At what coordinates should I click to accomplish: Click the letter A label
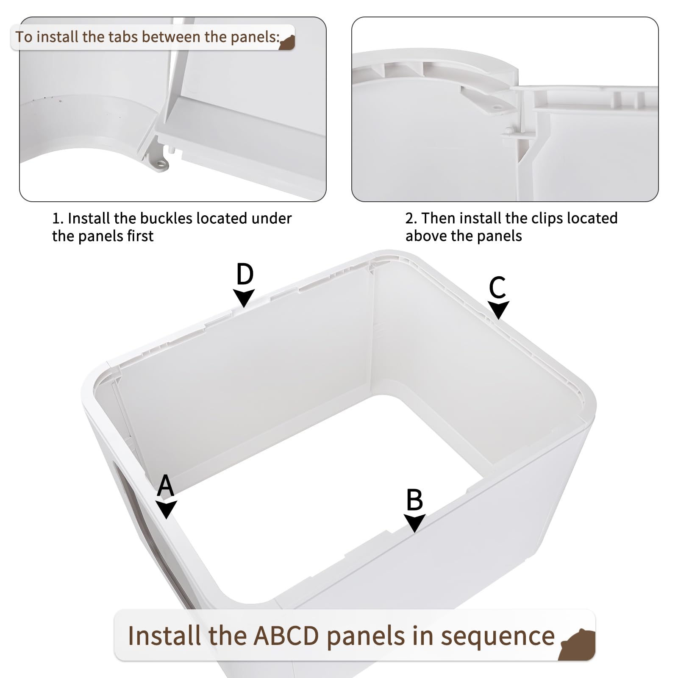tap(165, 485)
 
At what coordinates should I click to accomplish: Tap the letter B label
tap(414, 500)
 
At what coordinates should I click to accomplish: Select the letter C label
tap(497, 287)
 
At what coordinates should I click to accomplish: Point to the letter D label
tap(245, 274)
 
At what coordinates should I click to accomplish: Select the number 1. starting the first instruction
tap(58, 219)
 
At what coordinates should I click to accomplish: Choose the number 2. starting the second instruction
tap(411, 219)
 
